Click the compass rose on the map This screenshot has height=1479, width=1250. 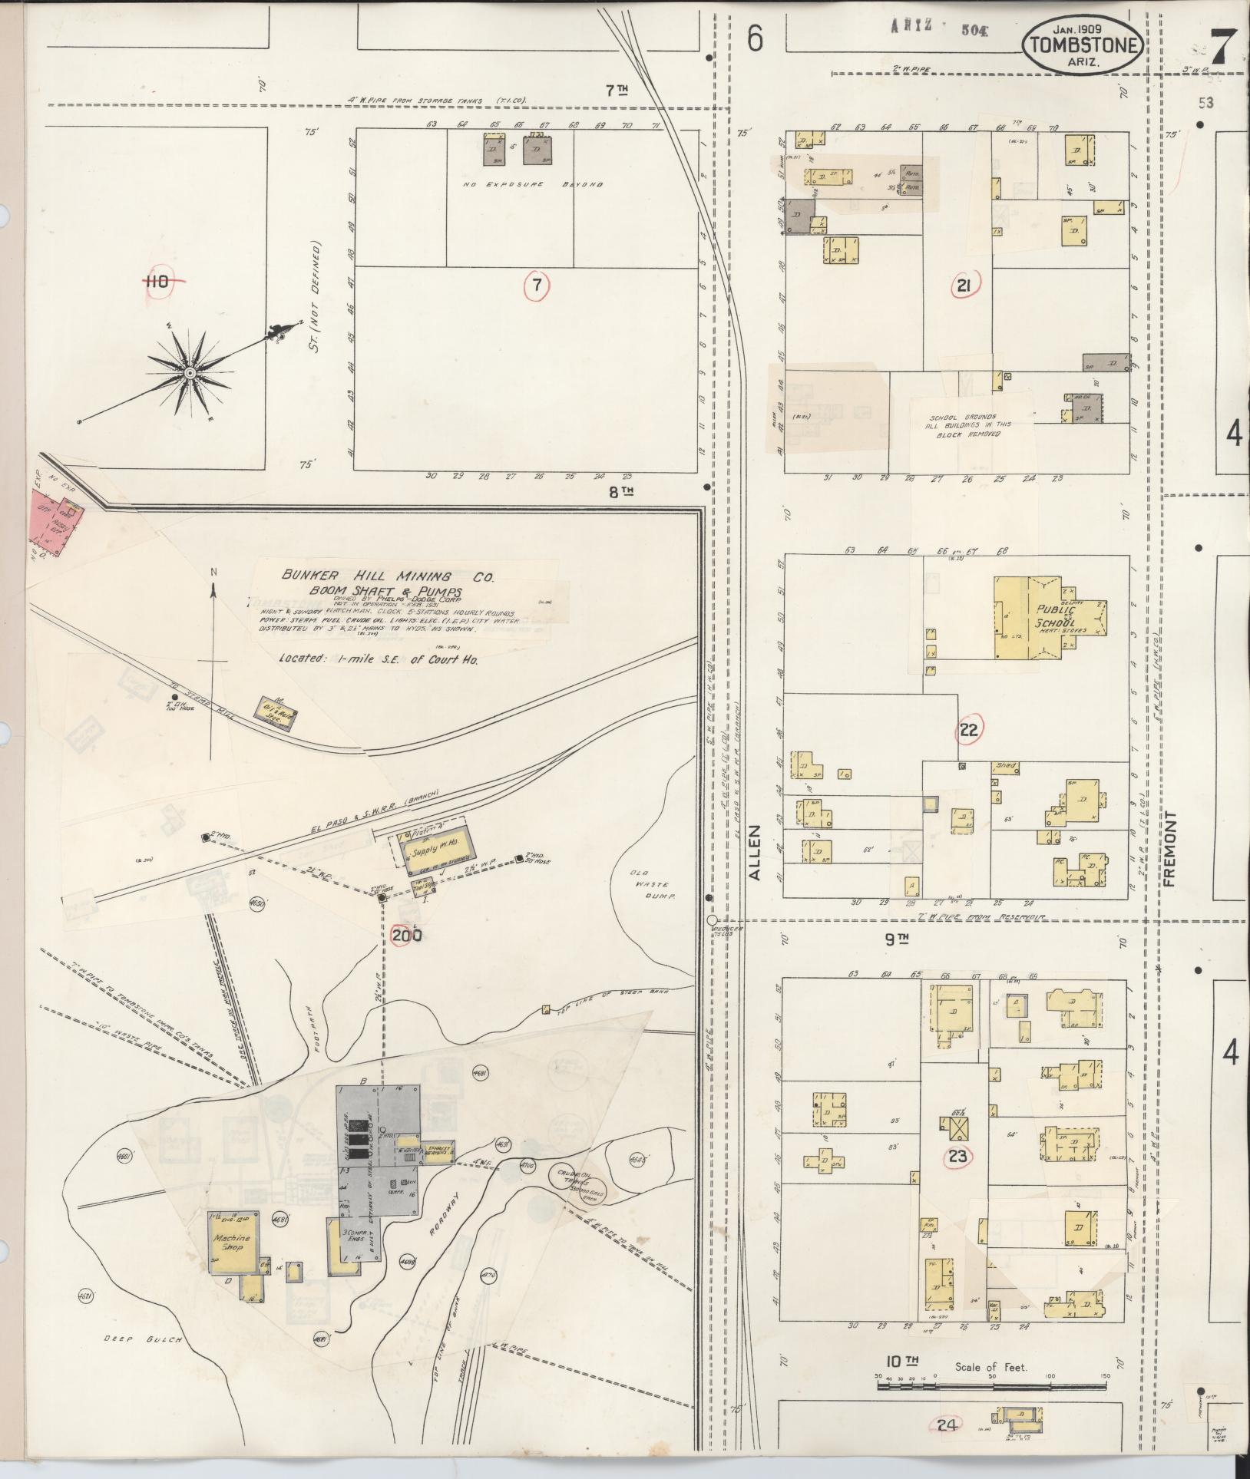pyautogui.click(x=189, y=373)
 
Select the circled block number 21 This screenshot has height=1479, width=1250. pyautogui.click(x=964, y=287)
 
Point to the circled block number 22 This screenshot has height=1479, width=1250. pyautogui.click(x=969, y=729)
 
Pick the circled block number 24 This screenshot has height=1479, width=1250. pyautogui.click(x=947, y=1425)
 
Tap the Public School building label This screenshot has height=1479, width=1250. pyautogui.click(x=1050, y=616)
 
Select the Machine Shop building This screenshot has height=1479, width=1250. pyautogui.click(x=233, y=1241)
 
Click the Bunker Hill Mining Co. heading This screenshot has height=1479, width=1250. pyautogui.click(x=387, y=576)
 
